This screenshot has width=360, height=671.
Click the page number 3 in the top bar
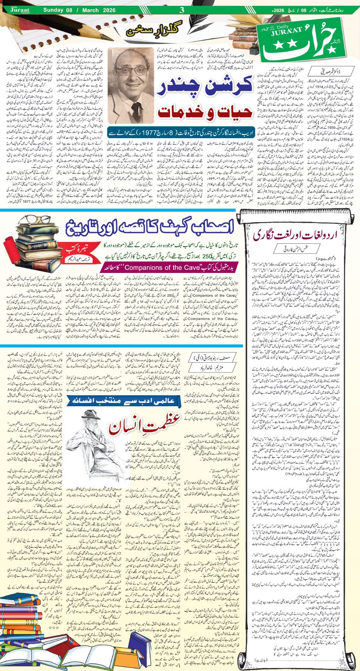(183, 10)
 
